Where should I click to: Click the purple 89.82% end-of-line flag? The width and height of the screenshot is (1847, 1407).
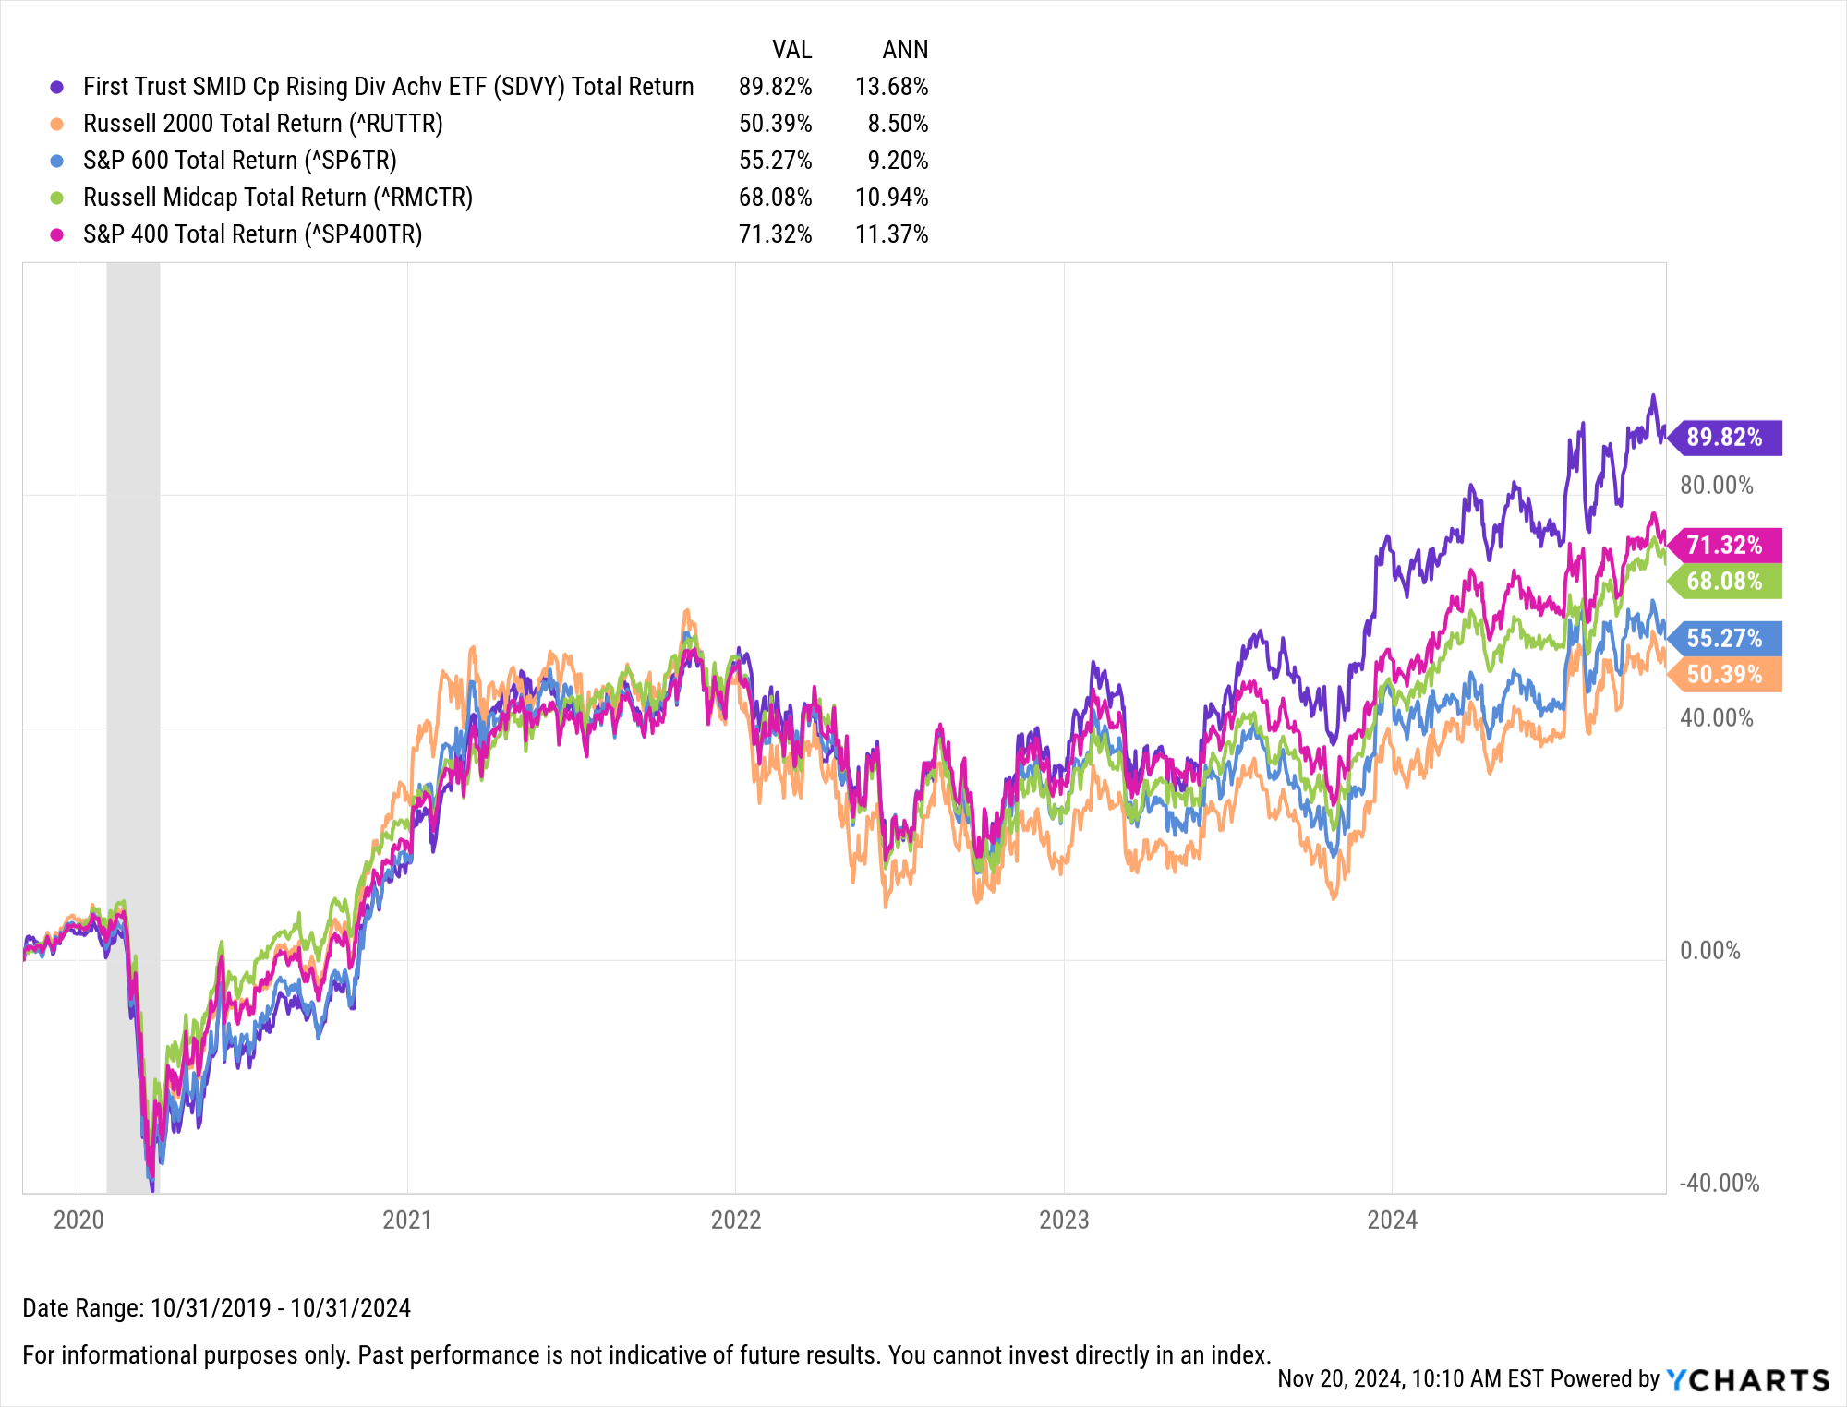pyautogui.click(x=1725, y=438)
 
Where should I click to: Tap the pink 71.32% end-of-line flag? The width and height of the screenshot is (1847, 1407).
pyautogui.click(x=1725, y=546)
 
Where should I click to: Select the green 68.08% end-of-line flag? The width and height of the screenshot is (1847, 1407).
pyautogui.click(x=1725, y=582)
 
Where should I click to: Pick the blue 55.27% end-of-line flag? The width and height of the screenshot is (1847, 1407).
pyautogui.click(x=1725, y=639)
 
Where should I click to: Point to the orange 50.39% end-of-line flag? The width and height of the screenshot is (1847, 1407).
pyautogui.click(x=1725, y=675)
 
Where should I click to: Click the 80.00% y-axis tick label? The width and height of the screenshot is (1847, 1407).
pyautogui.click(x=1716, y=486)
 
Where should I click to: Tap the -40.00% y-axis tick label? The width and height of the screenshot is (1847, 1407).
pyautogui.click(x=1719, y=1184)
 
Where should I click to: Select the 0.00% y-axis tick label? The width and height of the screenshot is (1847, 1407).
pyautogui.click(x=1709, y=951)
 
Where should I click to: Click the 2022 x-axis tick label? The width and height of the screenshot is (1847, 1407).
pyautogui.click(x=735, y=1221)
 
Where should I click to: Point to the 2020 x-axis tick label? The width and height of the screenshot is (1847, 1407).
pyautogui.click(x=78, y=1221)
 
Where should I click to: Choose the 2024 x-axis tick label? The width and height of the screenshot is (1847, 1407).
pyautogui.click(x=1392, y=1221)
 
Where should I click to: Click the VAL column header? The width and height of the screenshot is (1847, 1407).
pyautogui.click(x=791, y=50)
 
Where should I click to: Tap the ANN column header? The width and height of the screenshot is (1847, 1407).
pyautogui.click(x=905, y=50)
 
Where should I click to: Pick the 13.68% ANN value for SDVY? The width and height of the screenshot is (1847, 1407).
pyautogui.click(x=891, y=87)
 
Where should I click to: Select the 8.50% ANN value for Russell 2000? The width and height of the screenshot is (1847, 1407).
pyautogui.click(x=898, y=124)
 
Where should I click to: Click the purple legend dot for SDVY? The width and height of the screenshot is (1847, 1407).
pyautogui.click(x=57, y=87)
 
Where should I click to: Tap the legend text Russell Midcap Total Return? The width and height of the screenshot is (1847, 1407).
pyautogui.click(x=277, y=198)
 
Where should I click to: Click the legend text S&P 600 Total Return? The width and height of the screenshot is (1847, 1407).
pyautogui.click(x=239, y=161)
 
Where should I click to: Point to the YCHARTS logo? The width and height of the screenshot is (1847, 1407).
pyautogui.click(x=1747, y=1380)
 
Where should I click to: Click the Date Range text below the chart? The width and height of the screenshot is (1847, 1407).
pyautogui.click(x=216, y=1308)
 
